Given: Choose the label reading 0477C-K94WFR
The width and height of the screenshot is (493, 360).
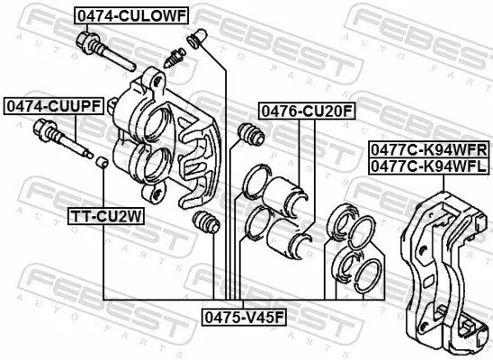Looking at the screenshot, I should tap(427, 150).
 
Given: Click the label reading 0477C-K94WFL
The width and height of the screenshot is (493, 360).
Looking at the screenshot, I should tap(427, 166).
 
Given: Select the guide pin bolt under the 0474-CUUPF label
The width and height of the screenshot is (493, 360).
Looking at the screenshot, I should tap(62, 143).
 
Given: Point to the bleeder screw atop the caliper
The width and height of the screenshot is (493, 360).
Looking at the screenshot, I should tap(176, 59).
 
